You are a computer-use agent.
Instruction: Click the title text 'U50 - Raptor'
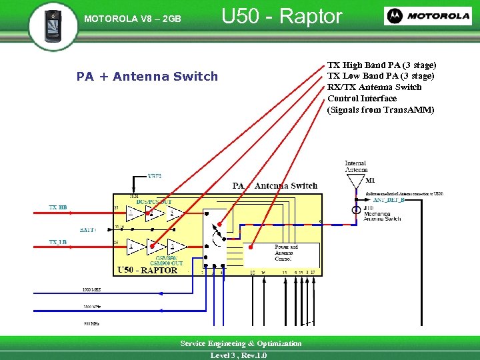[281, 17]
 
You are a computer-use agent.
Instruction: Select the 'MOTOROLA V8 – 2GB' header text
[132, 19]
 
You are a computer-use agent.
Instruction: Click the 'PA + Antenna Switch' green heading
[147, 77]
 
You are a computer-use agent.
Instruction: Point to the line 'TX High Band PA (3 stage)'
[381, 65]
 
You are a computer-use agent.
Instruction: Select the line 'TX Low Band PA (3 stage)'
[381, 76]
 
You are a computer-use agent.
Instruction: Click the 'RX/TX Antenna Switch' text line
[374, 87]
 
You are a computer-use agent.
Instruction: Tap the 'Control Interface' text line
[362, 99]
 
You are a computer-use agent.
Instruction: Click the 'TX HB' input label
[58, 208]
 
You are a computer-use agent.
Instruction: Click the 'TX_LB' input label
[58, 242]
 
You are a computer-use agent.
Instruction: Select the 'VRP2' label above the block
[155, 176]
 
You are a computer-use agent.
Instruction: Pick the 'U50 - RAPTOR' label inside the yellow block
[147, 270]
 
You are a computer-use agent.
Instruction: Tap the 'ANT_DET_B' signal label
[389, 200]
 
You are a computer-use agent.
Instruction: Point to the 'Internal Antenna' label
[355, 167]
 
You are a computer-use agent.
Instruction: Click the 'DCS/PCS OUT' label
[154, 201]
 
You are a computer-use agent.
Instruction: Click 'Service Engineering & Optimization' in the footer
[241, 343]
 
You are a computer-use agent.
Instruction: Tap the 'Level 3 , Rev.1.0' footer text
[238, 355]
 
